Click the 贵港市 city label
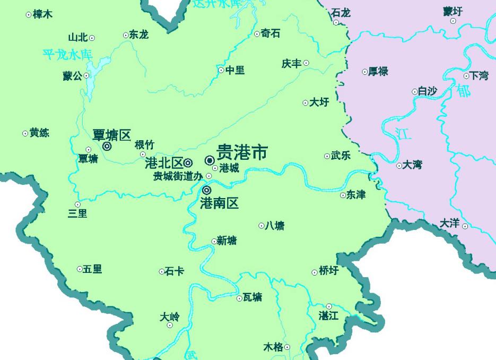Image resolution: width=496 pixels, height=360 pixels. tap(242, 153)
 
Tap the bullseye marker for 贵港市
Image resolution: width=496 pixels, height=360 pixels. tap(210, 160)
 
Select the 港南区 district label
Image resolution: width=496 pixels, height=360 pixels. tap(219, 202)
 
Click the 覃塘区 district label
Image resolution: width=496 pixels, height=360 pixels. tap(111, 135)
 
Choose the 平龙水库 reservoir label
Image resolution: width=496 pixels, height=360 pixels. tap(68, 54)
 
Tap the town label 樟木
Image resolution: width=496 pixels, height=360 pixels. tap(42, 14)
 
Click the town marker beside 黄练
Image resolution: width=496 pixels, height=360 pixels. tap(25, 133)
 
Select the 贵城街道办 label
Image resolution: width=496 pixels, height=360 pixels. tap(178, 176)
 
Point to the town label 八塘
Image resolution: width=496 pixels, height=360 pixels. tap(274, 226)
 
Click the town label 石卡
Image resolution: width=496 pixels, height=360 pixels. tap(175, 271)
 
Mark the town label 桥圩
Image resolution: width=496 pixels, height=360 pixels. tap(328, 271)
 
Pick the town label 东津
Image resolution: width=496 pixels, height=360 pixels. tap(356, 195)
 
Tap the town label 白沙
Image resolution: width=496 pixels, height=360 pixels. tap(427, 91)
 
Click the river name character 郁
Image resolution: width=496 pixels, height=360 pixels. tap(463, 91)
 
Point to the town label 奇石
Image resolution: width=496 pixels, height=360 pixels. tap(271, 33)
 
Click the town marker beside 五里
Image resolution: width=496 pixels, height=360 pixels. tap(80, 269)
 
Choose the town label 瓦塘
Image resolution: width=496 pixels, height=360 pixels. tap(253, 297)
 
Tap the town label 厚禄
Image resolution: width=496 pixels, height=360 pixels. tap(378, 71)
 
